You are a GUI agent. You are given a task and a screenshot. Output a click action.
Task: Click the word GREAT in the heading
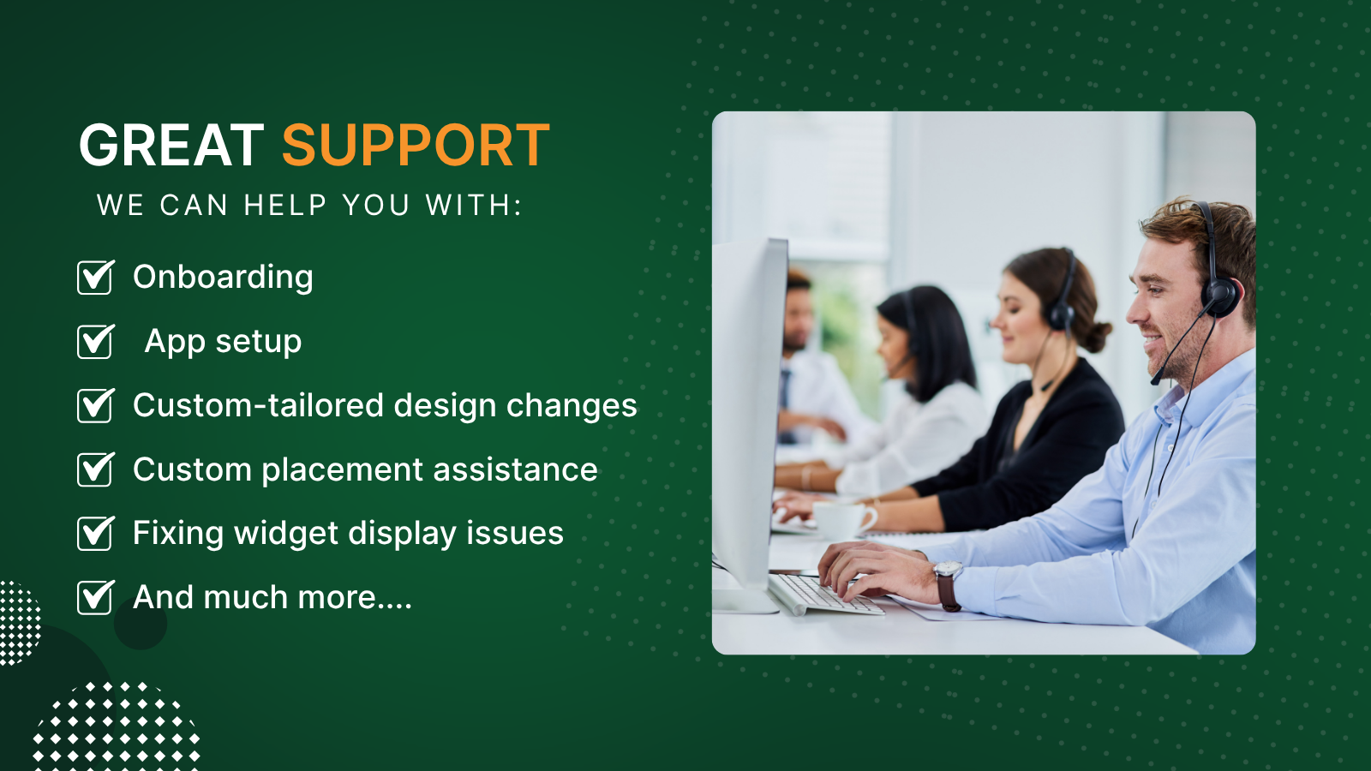[171, 145]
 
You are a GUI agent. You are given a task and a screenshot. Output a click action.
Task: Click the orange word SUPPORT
[416, 145]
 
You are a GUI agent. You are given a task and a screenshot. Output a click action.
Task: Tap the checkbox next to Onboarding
[95, 278]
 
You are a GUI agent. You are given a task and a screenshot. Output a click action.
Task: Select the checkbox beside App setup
[95, 341]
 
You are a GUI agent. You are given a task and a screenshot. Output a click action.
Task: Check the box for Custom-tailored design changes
[95, 405]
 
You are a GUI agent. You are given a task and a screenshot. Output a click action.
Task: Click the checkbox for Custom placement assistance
[95, 469]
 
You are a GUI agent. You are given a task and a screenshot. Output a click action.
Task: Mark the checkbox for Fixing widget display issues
[95, 533]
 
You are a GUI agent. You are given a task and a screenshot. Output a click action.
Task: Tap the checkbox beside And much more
[95, 596]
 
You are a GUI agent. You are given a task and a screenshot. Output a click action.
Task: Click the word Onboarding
[223, 278]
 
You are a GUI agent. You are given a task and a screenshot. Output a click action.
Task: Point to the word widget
[286, 533]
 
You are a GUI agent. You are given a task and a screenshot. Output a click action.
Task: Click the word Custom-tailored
[258, 405]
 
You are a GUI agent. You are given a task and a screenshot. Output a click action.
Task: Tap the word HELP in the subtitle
[285, 205]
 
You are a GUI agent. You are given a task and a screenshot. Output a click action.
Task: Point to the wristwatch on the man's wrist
[948, 586]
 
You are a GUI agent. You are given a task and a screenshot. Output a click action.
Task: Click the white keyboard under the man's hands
[824, 595]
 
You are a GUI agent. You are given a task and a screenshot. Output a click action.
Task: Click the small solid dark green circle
[141, 623]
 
